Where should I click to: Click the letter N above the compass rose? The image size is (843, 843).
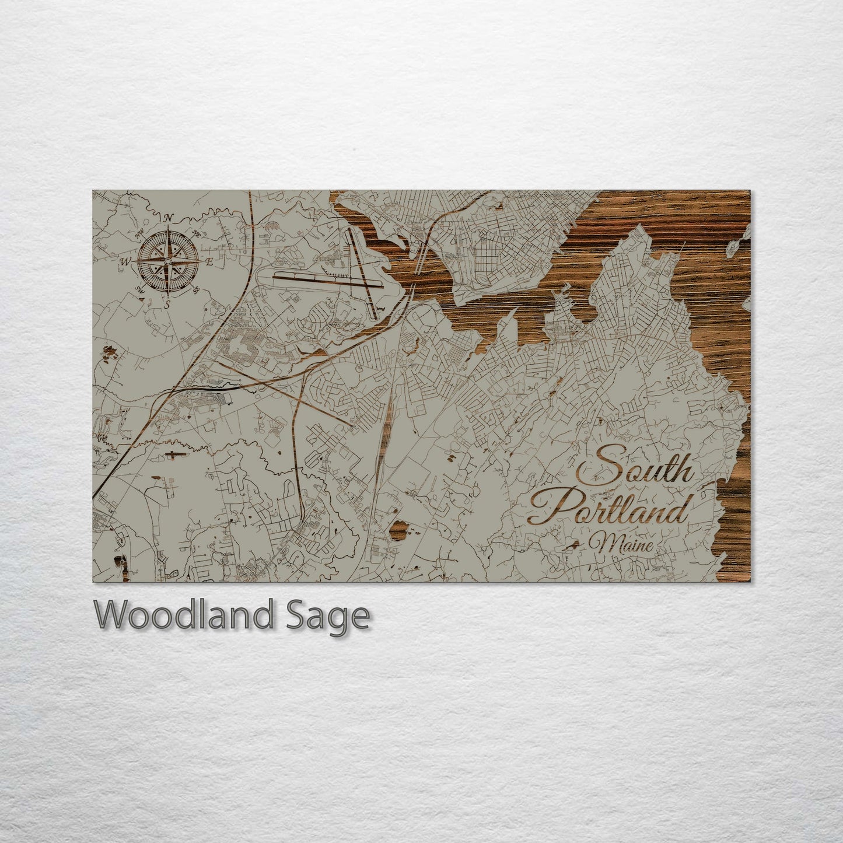point(169,219)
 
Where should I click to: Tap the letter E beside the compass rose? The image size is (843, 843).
point(208,262)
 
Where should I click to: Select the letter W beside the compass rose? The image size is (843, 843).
point(125,262)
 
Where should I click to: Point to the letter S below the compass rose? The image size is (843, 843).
point(167,303)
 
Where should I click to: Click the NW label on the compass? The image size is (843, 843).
point(139,235)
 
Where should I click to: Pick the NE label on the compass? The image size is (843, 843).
point(196,235)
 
